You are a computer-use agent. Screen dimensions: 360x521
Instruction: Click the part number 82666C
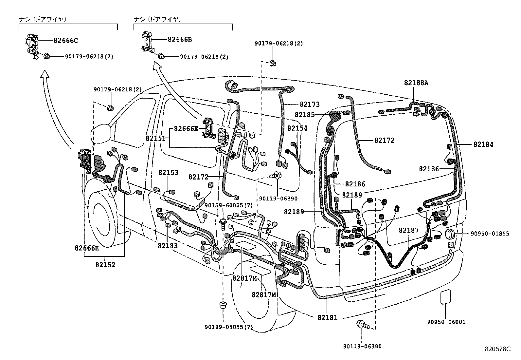(66, 41)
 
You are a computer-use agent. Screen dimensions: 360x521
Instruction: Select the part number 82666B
(180, 40)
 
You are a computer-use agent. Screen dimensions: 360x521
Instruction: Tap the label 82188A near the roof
(416, 83)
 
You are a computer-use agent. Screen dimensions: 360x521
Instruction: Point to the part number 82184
(483, 144)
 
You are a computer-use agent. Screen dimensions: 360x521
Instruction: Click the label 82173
(310, 104)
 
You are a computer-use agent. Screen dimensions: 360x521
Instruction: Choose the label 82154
(297, 128)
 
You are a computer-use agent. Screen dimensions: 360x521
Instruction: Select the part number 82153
(169, 173)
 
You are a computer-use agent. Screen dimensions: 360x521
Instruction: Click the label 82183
(168, 246)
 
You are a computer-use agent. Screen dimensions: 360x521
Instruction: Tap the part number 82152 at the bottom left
(105, 265)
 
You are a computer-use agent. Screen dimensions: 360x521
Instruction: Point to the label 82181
(327, 317)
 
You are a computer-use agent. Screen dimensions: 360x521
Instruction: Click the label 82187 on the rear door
(409, 230)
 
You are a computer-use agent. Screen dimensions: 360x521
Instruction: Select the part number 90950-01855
(490, 234)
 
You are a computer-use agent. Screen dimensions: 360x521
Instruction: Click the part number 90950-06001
(446, 322)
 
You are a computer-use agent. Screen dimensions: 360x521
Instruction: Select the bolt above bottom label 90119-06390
(362, 325)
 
